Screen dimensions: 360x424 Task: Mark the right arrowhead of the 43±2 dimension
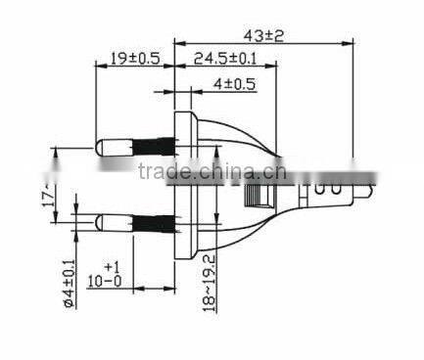(x=348, y=43)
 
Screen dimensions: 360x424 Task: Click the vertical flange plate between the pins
(x=181, y=185)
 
